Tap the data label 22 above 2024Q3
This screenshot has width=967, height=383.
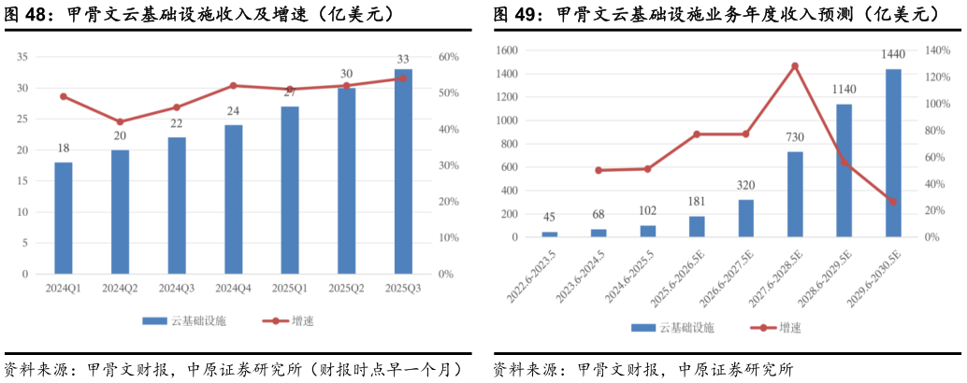[177, 123]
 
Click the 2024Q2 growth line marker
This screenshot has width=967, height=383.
[120, 121]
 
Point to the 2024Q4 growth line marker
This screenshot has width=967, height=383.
[233, 86]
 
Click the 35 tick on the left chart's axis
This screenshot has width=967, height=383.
[22, 57]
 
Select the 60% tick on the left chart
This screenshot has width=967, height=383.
[448, 57]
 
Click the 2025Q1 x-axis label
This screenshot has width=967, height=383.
[290, 289]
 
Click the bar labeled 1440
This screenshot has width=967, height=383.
[893, 153]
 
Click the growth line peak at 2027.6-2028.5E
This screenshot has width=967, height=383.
[795, 66]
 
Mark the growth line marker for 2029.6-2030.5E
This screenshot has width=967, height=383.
[893, 202]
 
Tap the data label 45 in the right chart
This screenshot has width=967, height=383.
[549, 219]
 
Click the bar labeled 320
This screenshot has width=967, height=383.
[746, 219]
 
